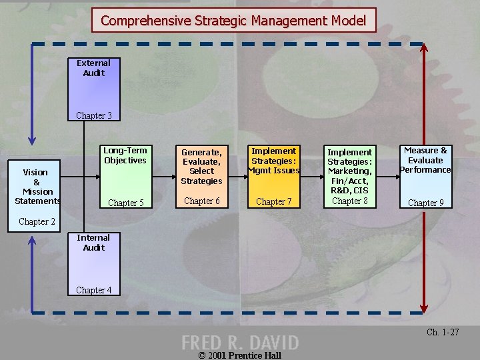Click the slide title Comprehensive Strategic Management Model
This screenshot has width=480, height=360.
click(233, 21)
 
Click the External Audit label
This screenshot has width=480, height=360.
click(93, 68)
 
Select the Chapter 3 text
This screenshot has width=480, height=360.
click(93, 115)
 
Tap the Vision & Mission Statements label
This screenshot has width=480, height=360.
click(37, 187)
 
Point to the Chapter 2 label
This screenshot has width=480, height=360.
click(37, 221)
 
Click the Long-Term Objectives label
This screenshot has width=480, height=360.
click(125, 155)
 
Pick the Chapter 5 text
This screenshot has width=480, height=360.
click(126, 203)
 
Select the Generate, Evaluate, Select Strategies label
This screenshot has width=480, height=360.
click(201, 166)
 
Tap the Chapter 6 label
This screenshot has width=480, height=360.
click(201, 201)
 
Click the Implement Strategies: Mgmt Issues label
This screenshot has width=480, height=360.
click(274, 161)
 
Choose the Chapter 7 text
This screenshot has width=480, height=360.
click(274, 201)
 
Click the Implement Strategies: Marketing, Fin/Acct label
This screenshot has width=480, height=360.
click(350, 171)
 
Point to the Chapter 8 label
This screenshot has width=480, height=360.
click(350, 201)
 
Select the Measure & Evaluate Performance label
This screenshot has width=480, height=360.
click(425, 160)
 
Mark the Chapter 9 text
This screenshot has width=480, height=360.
click(425, 203)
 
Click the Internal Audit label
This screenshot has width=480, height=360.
click(93, 243)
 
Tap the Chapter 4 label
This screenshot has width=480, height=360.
click(93, 290)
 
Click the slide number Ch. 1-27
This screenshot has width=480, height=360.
click(443, 332)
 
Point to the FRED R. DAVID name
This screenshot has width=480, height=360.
click(240, 343)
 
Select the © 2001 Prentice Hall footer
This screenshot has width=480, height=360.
click(240, 355)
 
